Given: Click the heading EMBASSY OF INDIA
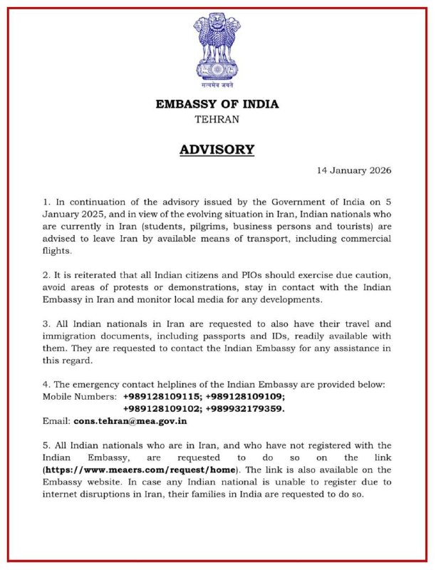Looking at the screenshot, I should [x=217, y=104].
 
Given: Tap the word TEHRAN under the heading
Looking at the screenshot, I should [x=217, y=120].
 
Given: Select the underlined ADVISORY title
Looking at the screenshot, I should [x=217, y=150].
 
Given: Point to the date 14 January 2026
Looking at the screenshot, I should [x=353, y=171].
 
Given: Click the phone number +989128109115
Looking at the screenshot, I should [x=161, y=395].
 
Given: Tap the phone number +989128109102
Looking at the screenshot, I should [x=161, y=408].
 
